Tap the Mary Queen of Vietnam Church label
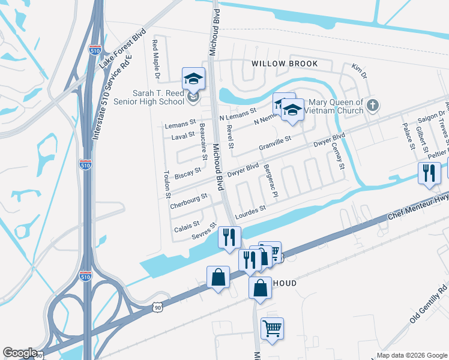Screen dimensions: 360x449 (334, 106)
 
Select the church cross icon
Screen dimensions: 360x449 (373, 106)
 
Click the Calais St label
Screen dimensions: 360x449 (187, 225)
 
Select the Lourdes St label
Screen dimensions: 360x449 (251, 211)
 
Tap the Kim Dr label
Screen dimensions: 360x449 (359, 72)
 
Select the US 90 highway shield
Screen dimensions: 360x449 (157, 308)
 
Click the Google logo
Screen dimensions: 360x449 (20, 353)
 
